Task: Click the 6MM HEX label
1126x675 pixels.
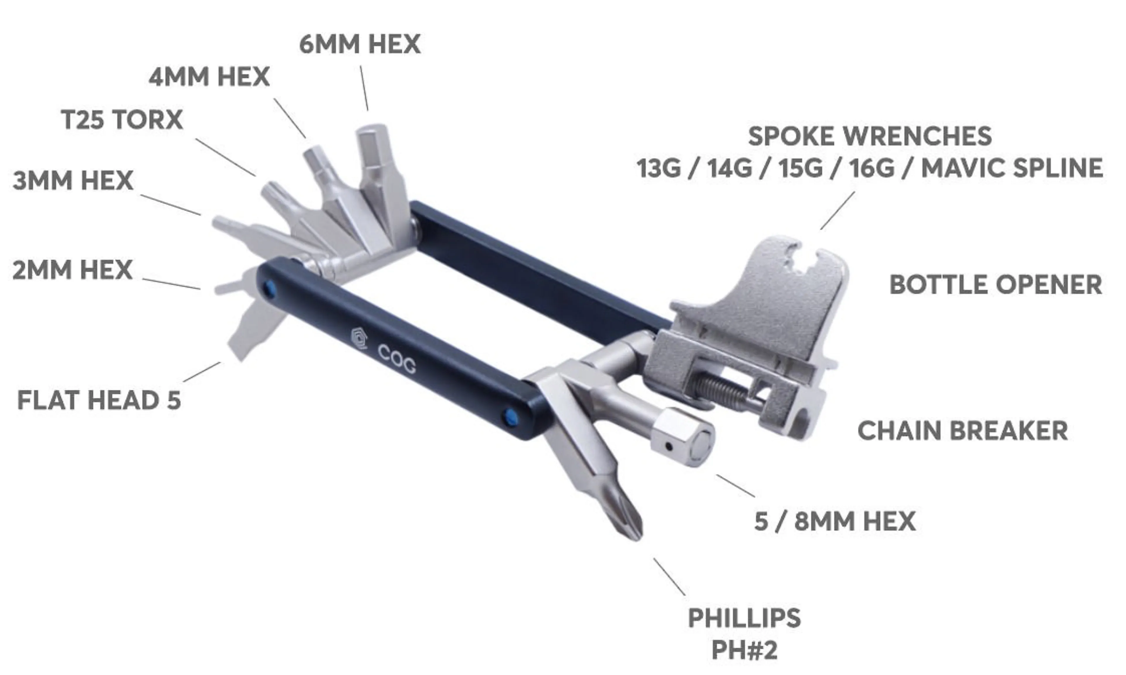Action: click(359, 44)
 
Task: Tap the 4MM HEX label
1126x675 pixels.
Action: click(209, 76)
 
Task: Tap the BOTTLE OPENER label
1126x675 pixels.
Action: click(996, 285)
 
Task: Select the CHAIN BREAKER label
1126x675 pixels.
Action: click(962, 430)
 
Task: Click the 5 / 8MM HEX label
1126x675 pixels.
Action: click(835, 521)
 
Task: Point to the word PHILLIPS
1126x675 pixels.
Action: click(744, 618)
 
